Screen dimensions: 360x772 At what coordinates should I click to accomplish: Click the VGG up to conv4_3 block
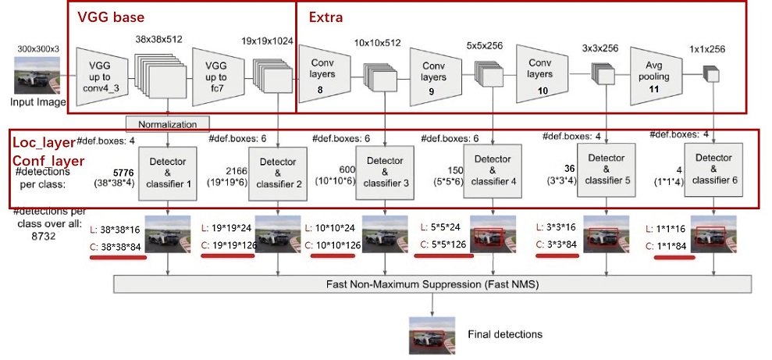[x=105, y=76]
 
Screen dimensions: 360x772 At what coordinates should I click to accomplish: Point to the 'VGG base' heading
[x=110, y=16]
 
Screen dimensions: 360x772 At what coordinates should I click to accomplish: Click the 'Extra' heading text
[x=326, y=16]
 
